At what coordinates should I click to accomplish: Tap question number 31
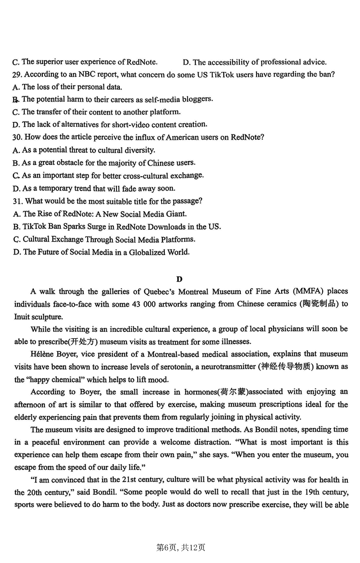pyautogui.click(x=18, y=201)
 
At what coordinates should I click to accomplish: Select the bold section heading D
pyautogui.click(x=180, y=279)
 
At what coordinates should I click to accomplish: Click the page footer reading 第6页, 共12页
pyautogui.click(x=180, y=547)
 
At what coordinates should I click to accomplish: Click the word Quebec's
pyautogui.click(x=162, y=291)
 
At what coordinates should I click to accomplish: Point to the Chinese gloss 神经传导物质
pyautogui.click(x=286, y=367)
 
